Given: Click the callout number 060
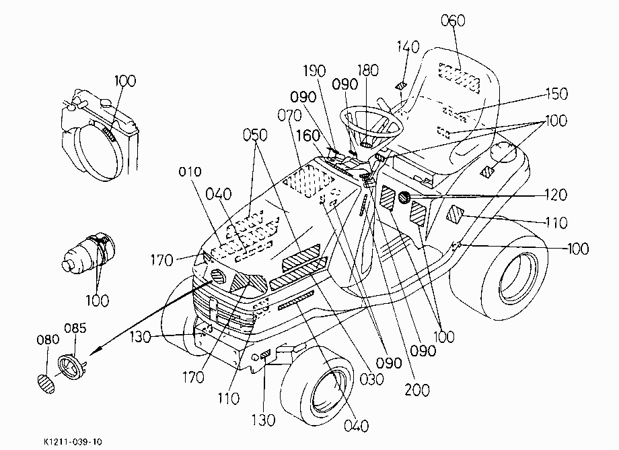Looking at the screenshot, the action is [453, 20].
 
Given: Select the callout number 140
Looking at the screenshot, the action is [408, 47].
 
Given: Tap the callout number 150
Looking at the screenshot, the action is [556, 94].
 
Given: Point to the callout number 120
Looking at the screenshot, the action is [556, 195].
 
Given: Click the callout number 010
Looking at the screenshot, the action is [190, 172].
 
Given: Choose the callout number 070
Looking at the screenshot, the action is [289, 115].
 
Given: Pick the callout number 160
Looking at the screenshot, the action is [308, 135].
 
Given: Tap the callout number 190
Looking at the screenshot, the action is [314, 71].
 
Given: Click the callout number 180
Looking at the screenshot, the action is [368, 70].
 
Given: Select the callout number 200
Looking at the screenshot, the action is [417, 390].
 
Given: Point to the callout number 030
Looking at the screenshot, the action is [371, 379].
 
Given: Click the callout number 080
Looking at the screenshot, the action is [48, 340].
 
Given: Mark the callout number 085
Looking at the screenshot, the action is [75, 328].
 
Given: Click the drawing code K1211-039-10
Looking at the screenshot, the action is [73, 441].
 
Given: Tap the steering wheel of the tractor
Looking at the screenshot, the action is [371, 123].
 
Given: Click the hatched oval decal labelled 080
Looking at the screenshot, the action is [46, 383].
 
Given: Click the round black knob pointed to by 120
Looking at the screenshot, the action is [404, 197].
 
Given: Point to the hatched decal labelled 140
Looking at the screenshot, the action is [400, 86].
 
